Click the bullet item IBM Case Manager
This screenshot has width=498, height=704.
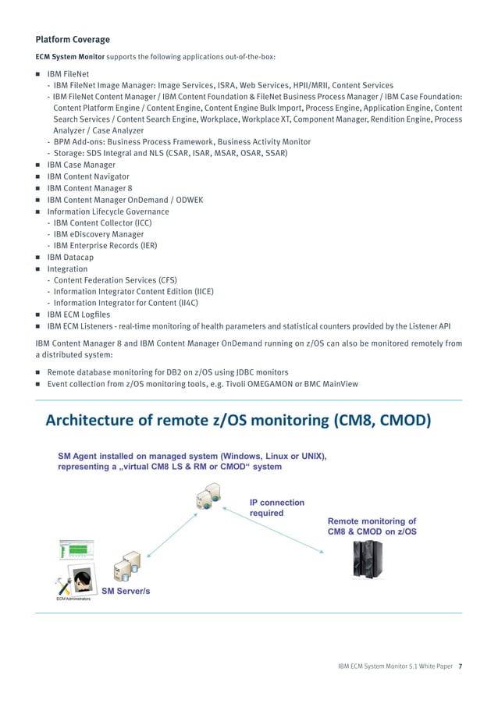pyautogui.click(x=81, y=165)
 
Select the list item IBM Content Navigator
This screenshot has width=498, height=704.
pyautogui.click(x=88, y=177)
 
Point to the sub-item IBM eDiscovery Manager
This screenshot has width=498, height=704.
pyautogui.click(x=98, y=233)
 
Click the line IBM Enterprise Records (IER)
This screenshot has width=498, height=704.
pyautogui.click(x=105, y=245)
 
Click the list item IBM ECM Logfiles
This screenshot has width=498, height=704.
pyautogui.click(x=79, y=313)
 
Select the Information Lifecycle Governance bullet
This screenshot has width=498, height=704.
pyautogui.click(x=108, y=211)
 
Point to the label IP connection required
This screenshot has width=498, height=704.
pyautogui.click(x=276, y=508)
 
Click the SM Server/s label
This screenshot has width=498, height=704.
pyautogui.click(x=126, y=590)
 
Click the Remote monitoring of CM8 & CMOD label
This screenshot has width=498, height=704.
pyautogui.click(x=372, y=526)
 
